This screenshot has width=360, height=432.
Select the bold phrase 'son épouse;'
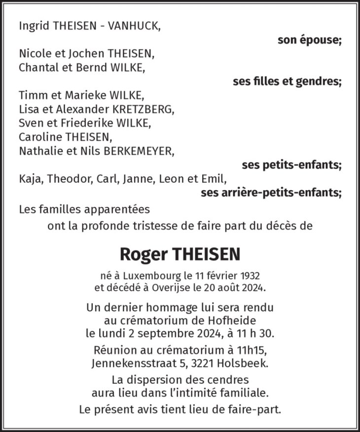click(309, 40)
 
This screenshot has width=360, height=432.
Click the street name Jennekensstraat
click(130, 364)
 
